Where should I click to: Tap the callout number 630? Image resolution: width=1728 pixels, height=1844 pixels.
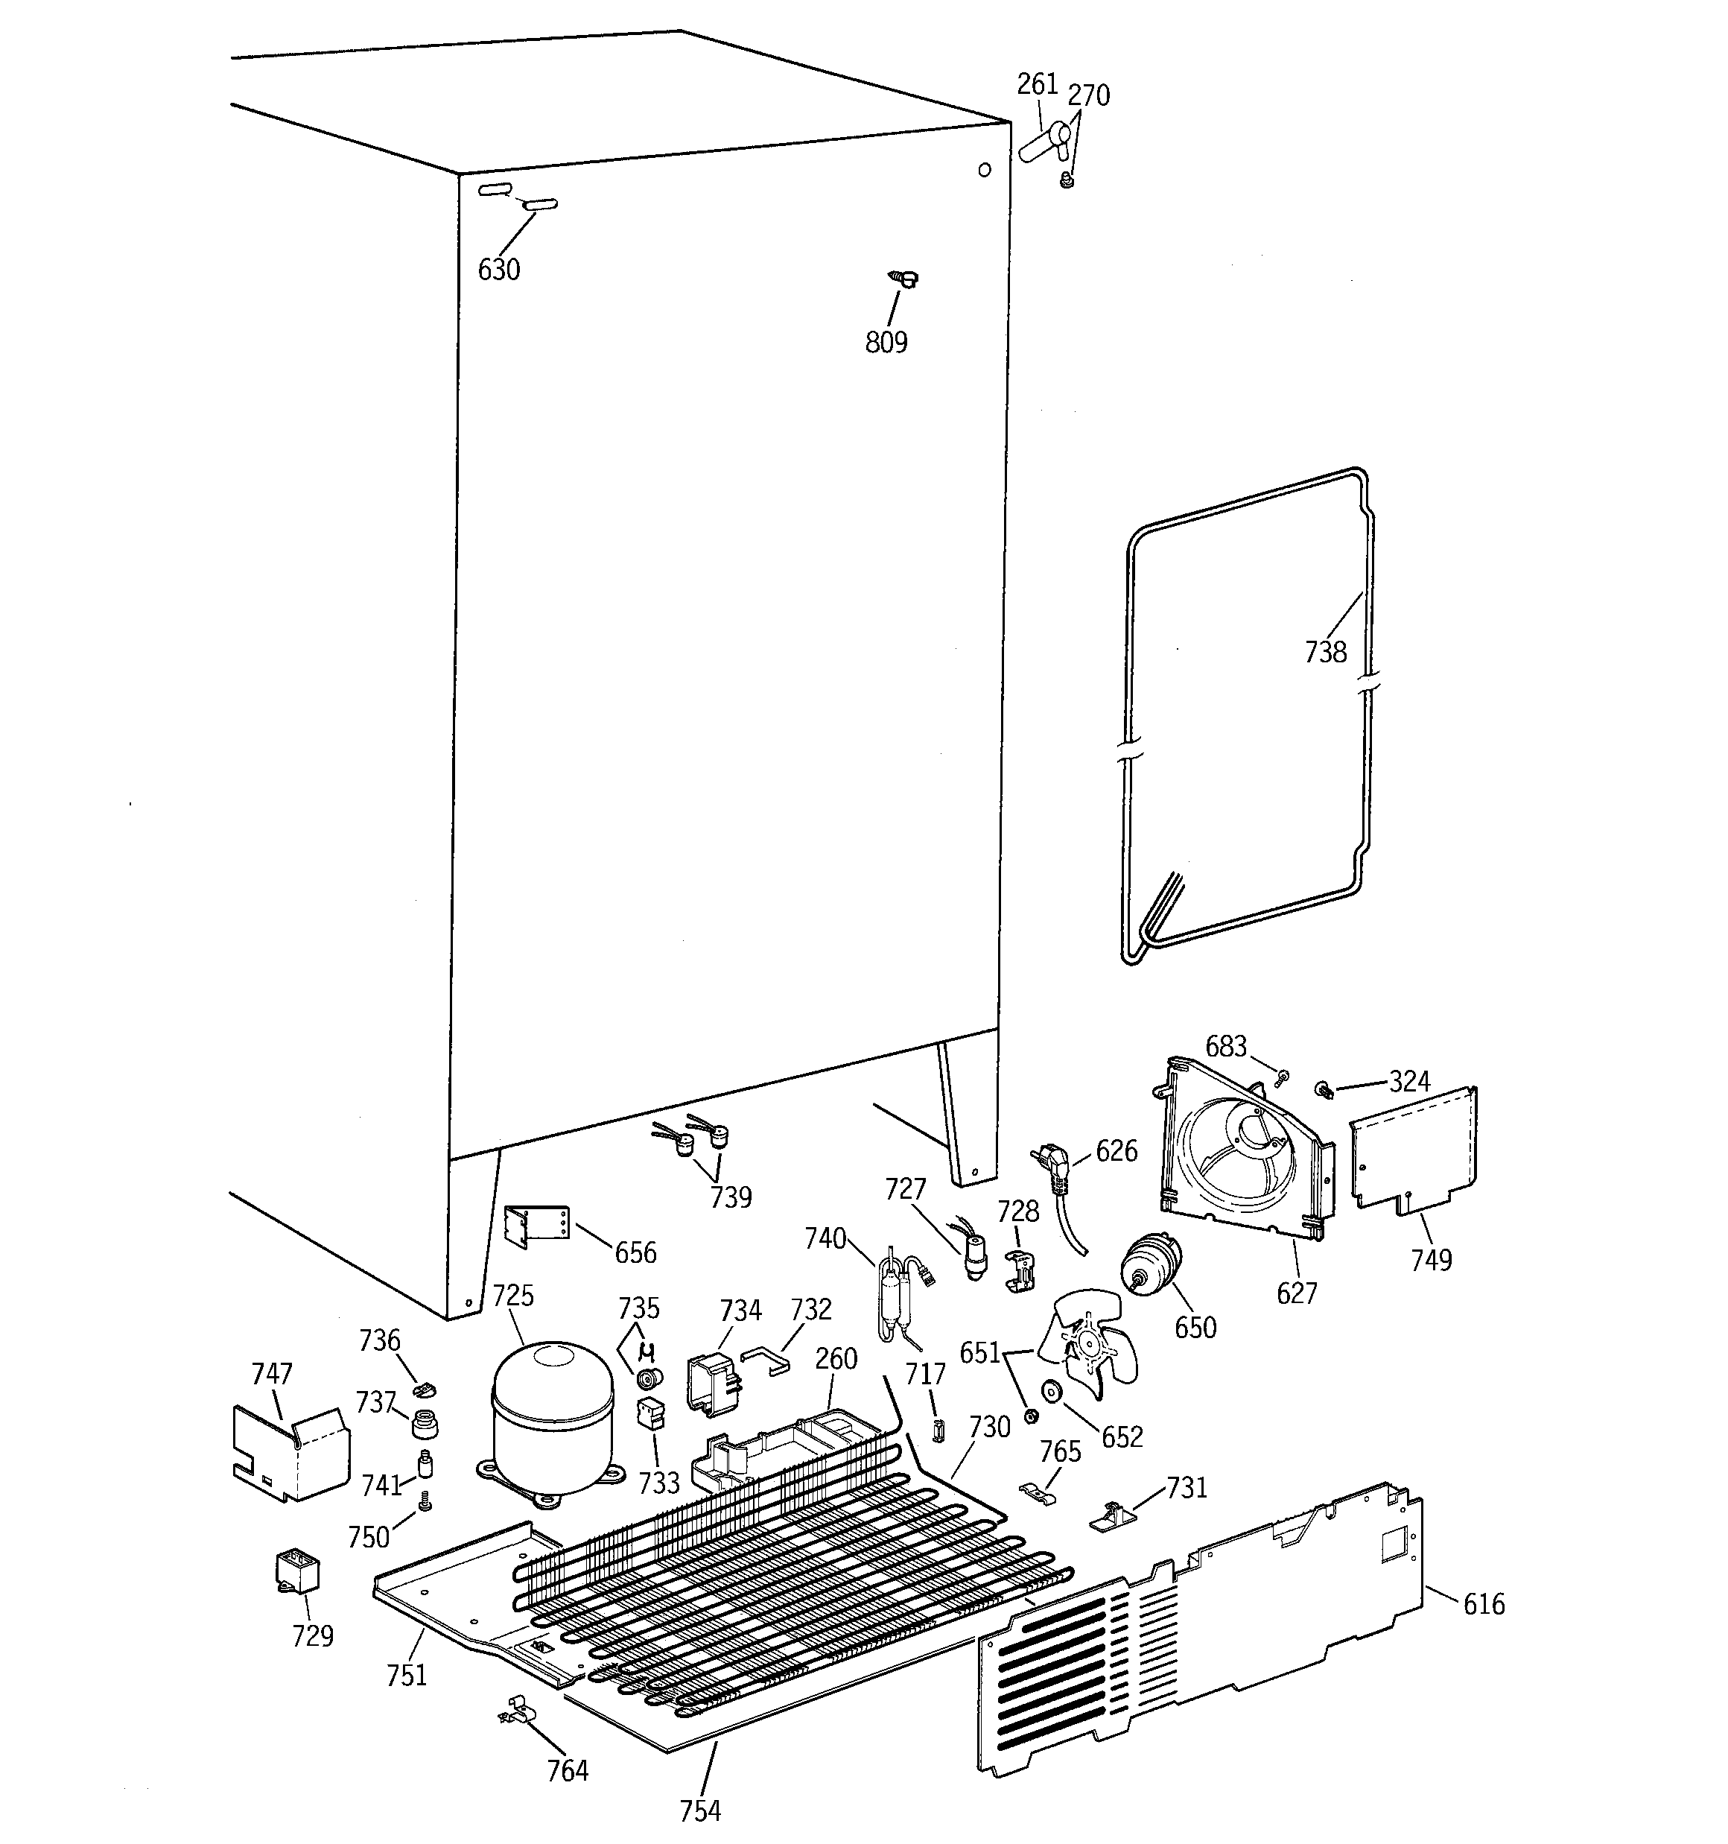pyautogui.click(x=498, y=270)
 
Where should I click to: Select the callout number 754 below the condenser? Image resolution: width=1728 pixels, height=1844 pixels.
pyautogui.click(x=699, y=1810)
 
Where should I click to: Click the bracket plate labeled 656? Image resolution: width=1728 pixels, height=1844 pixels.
pyautogui.click(x=536, y=1226)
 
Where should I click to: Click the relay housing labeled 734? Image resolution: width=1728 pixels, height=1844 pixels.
pyautogui.click(x=712, y=1382)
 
